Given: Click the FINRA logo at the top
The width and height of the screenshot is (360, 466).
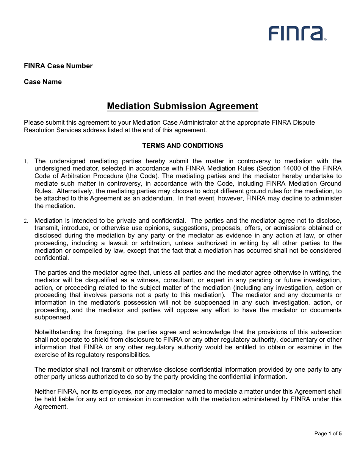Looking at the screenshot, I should (x=297, y=33).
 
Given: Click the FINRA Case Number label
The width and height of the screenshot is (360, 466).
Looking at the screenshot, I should (x=58, y=66).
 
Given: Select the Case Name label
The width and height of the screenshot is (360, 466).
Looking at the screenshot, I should (x=43, y=82).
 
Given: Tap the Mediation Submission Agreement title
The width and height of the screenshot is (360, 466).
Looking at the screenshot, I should (x=182, y=106).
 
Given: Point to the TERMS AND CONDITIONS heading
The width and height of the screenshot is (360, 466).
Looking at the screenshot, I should (x=183, y=145).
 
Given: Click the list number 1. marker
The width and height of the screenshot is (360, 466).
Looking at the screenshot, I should (x=26, y=161).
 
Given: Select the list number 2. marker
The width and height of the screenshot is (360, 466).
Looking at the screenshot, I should (x=26, y=221).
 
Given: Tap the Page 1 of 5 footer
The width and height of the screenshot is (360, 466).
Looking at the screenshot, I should (x=328, y=433).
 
